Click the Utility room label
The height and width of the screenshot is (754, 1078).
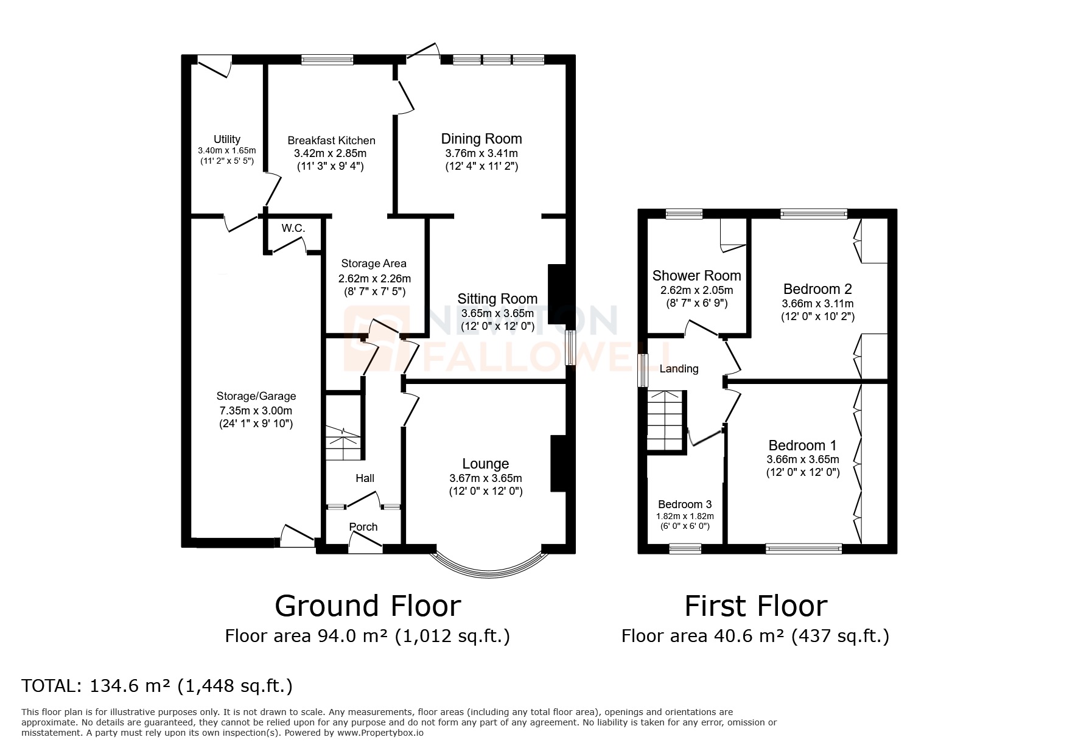pos(226,139)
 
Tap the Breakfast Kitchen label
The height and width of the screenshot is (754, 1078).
pos(331,141)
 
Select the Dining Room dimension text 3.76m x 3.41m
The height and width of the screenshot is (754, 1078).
pos(481,153)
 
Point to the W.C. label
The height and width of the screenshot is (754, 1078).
pos(293,228)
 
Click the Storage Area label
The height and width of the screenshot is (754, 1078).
pos(373,264)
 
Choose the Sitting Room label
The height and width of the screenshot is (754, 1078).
pos(497,299)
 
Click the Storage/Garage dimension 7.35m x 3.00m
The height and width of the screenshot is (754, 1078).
pos(256,411)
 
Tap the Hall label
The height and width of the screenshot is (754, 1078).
pos(365,478)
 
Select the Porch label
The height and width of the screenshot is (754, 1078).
pos(363,527)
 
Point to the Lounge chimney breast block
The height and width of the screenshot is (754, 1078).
pos(558,463)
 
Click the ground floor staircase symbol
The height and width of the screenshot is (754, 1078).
pos(344,443)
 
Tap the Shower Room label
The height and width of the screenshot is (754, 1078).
pos(696,276)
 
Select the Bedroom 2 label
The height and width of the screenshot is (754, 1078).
pos(817,289)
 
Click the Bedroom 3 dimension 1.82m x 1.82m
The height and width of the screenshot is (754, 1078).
pos(685,516)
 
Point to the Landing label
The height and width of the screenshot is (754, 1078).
pos(679,369)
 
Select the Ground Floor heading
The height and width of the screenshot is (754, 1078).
pos(368,606)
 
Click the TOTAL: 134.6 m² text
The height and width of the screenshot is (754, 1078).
pos(157,686)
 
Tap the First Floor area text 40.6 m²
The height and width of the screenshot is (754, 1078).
pos(755,637)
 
